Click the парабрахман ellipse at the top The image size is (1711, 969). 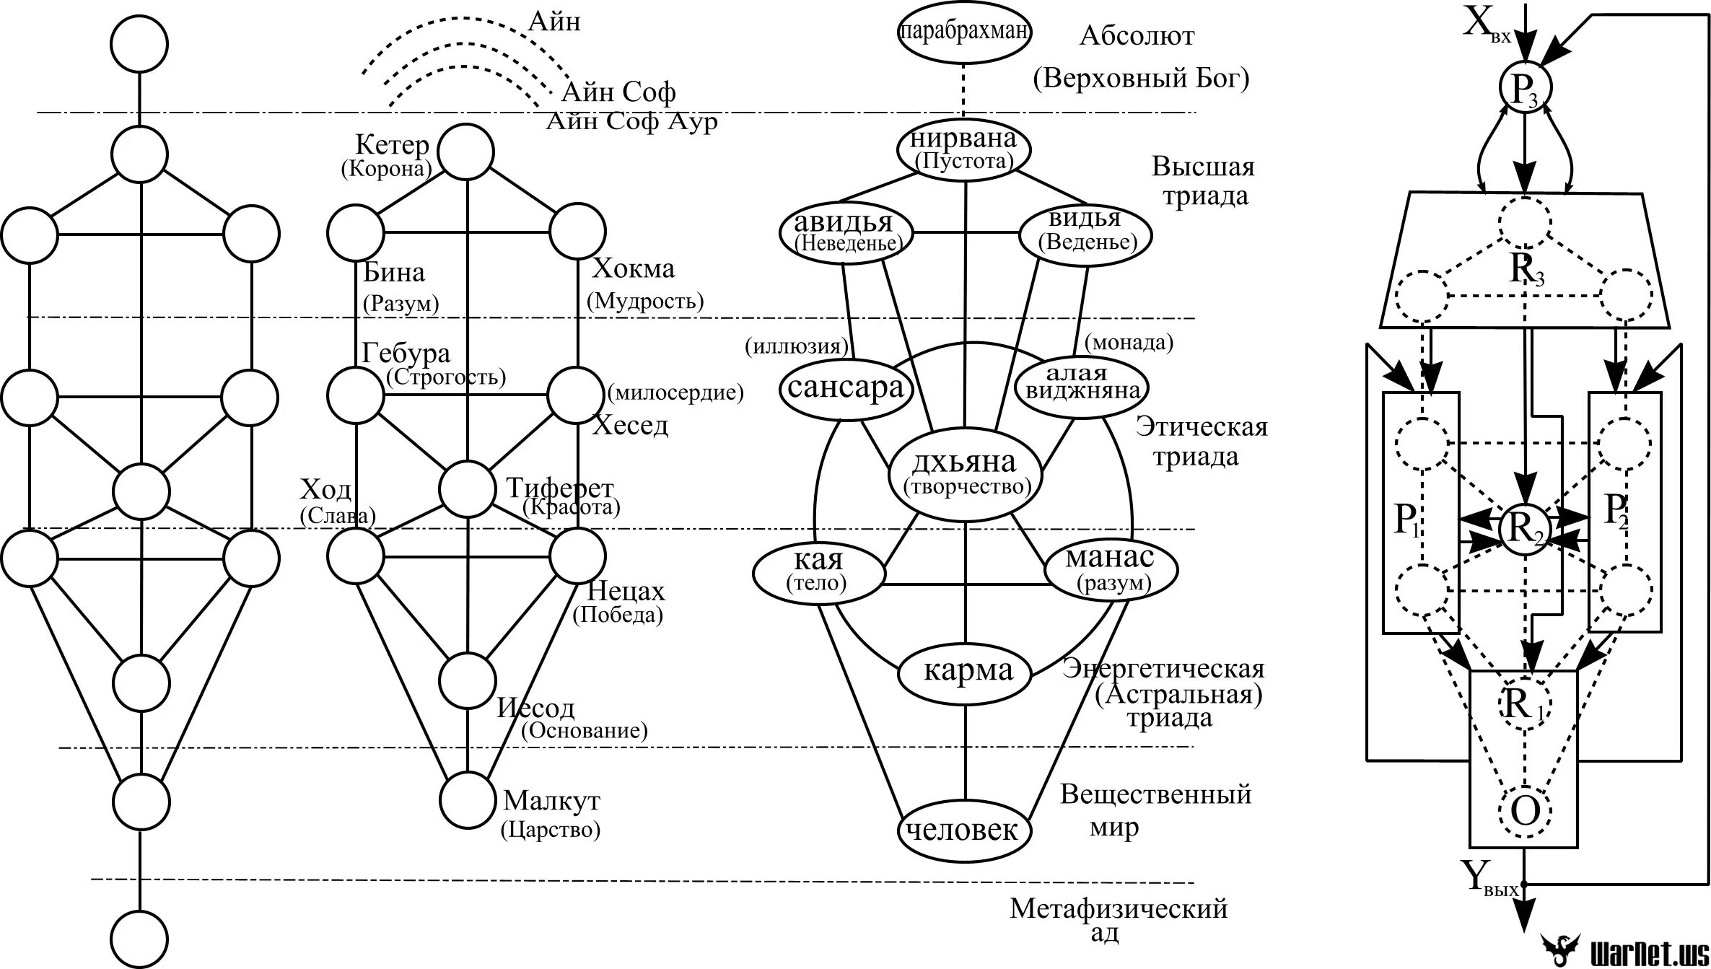[x=964, y=32]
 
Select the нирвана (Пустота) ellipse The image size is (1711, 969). [x=964, y=149]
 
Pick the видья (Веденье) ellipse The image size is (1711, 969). [x=1085, y=232]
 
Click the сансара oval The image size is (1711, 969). [x=846, y=389]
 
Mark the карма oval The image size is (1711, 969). [x=968, y=672]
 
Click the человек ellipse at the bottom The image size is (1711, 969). [x=965, y=830]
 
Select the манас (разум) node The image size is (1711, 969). [x=1111, y=569]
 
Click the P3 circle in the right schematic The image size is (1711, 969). [x=1524, y=87]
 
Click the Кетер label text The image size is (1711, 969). [x=392, y=145]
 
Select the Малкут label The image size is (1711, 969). [x=551, y=800]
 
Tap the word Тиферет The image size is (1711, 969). [x=559, y=488]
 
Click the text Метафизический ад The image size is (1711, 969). [x=1118, y=919]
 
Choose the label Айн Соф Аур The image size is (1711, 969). [x=631, y=121]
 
